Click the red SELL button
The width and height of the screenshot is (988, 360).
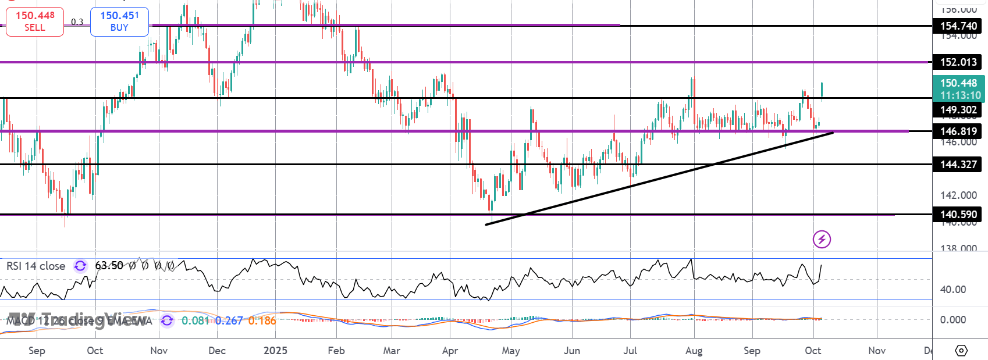[x=35, y=22]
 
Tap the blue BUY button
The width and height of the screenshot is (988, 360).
[x=119, y=22]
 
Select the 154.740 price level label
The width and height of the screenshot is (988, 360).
[x=958, y=26]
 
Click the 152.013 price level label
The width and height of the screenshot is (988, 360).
[x=958, y=62]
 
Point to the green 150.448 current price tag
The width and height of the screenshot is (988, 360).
[x=958, y=88]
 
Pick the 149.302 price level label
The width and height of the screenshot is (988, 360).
[x=958, y=110]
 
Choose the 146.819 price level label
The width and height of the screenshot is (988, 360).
[x=958, y=131]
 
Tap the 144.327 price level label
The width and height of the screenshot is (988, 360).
[x=958, y=165]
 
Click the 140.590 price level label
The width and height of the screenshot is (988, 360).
[x=958, y=215]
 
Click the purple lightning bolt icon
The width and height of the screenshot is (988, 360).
[x=822, y=239]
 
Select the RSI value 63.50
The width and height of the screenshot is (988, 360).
[x=109, y=266]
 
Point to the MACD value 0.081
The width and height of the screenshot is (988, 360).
[x=195, y=320]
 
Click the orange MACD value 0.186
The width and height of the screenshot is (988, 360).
[x=262, y=320]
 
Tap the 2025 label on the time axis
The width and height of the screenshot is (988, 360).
[x=275, y=351]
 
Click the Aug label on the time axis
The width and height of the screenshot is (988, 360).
[x=694, y=351]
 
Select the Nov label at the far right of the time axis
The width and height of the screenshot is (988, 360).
[x=877, y=351]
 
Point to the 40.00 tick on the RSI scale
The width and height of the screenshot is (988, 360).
[x=953, y=290]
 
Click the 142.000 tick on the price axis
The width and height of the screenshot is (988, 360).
[x=958, y=195]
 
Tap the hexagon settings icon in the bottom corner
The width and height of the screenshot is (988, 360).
[x=961, y=351]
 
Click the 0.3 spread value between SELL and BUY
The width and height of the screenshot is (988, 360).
[x=77, y=22]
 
